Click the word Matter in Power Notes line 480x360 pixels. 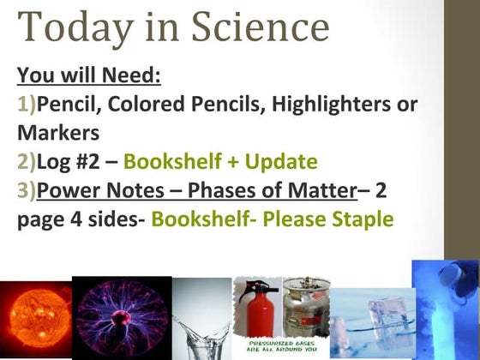tap(316, 191)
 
